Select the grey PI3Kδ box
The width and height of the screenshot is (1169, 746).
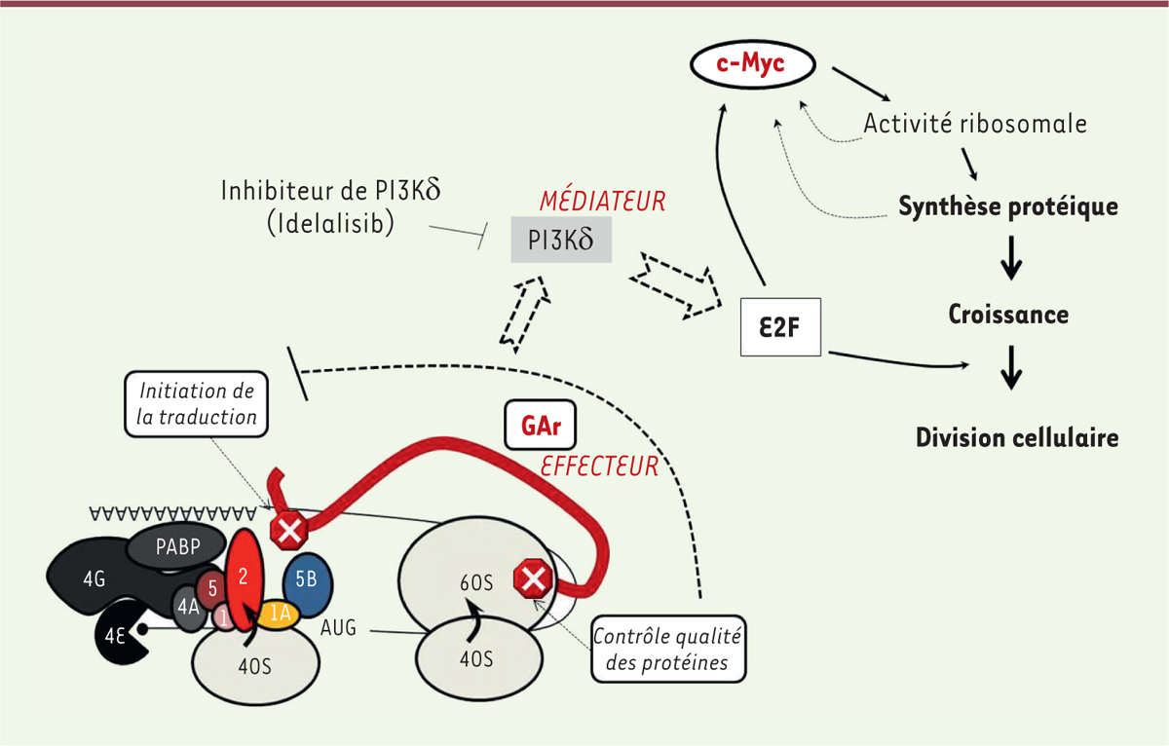tap(561, 239)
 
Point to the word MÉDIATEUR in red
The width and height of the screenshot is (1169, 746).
tap(602, 202)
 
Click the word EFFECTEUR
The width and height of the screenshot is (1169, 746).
tap(599, 466)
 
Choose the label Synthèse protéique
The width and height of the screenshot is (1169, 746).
tap(1007, 207)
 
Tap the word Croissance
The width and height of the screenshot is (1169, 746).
tap(1008, 315)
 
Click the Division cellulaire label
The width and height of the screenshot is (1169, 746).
tap(1016, 437)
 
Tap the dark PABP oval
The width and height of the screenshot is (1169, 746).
tap(175, 546)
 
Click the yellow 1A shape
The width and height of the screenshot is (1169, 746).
tap(278, 614)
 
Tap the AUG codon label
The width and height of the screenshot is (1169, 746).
tap(337, 628)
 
